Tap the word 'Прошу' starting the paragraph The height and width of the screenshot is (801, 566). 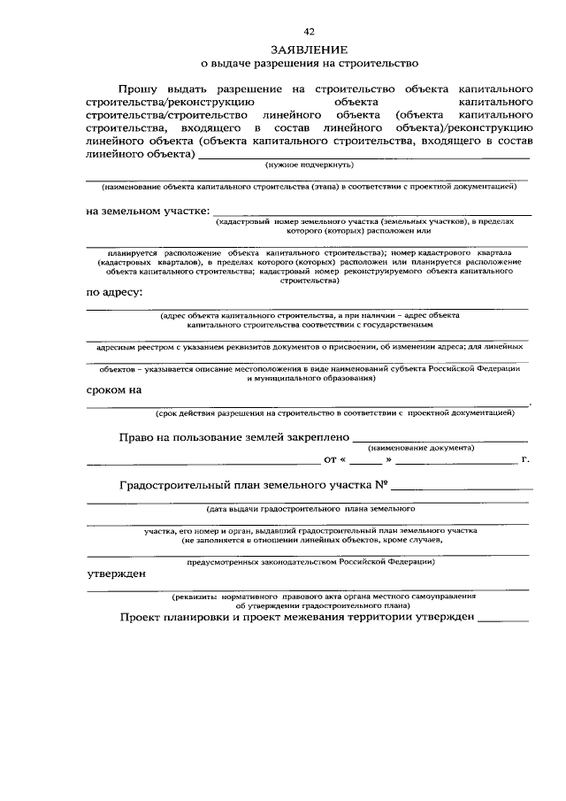click(141, 89)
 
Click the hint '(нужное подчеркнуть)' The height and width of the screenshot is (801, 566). click(310, 165)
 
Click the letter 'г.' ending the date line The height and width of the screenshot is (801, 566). click(525, 460)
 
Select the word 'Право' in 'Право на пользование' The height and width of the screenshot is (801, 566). click(137, 437)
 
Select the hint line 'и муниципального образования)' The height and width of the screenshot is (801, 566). click(310, 378)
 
